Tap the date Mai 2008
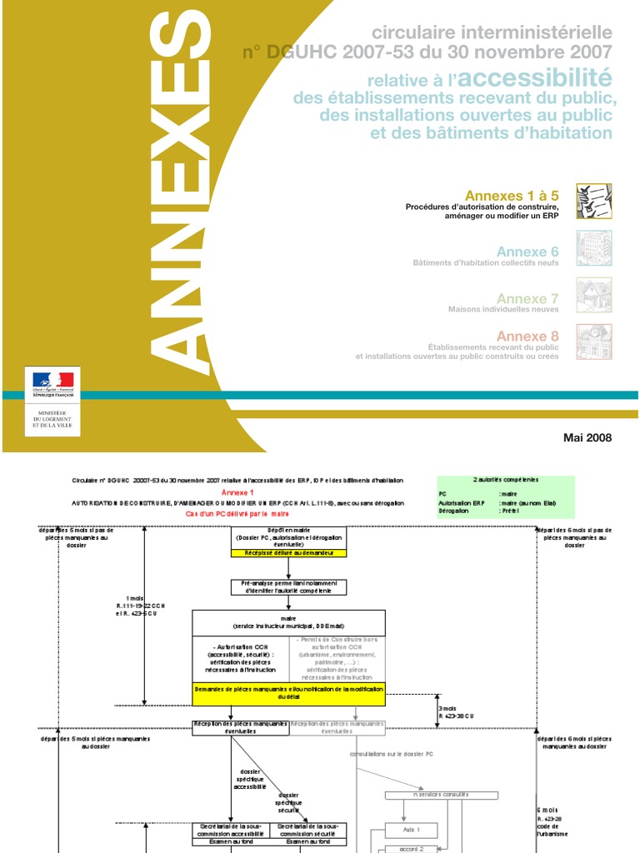pyautogui.click(x=587, y=438)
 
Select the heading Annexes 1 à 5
pyautogui.click(x=512, y=196)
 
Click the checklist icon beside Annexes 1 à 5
pyautogui.click(x=594, y=202)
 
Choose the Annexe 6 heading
pyautogui.click(x=527, y=252)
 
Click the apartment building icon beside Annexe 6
pyautogui.click(x=594, y=248)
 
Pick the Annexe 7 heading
pyautogui.click(x=527, y=298)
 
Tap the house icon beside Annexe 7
pyautogui.click(x=594, y=295)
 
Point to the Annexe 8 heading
pyautogui.click(x=527, y=337)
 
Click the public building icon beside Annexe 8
pyautogui.click(x=594, y=342)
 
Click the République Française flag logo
pyautogui.click(x=53, y=382)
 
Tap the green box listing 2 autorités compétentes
pyautogui.click(x=506, y=496)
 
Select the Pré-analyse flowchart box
pyautogui.click(x=288, y=586)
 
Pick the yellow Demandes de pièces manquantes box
pyautogui.click(x=288, y=694)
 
